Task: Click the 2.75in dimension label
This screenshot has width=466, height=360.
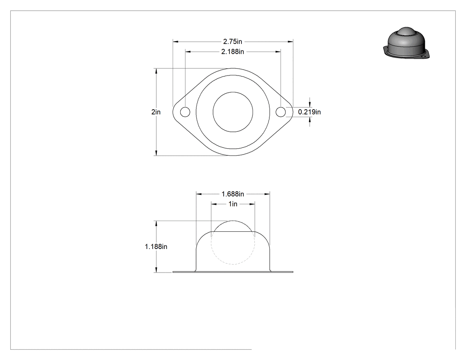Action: (233, 42)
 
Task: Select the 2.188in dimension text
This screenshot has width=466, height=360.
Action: (233, 52)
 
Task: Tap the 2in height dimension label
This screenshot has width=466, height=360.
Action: (156, 112)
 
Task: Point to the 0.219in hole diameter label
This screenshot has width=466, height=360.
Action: (309, 112)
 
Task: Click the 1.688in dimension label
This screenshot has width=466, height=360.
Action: (233, 194)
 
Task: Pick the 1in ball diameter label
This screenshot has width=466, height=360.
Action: (233, 204)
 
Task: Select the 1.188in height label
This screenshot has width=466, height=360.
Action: (156, 247)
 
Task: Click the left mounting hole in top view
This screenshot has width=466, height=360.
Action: (185, 112)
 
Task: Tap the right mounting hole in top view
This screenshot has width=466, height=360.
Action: (280, 112)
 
